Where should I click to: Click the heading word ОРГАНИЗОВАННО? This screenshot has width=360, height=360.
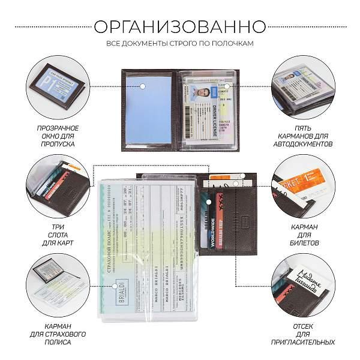pyautogui.click(x=180, y=27)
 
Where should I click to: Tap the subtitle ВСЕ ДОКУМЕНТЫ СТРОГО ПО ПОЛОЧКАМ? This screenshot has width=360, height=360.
pyautogui.click(x=180, y=44)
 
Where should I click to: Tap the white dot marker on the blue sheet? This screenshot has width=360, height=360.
pyautogui.click(x=145, y=86)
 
